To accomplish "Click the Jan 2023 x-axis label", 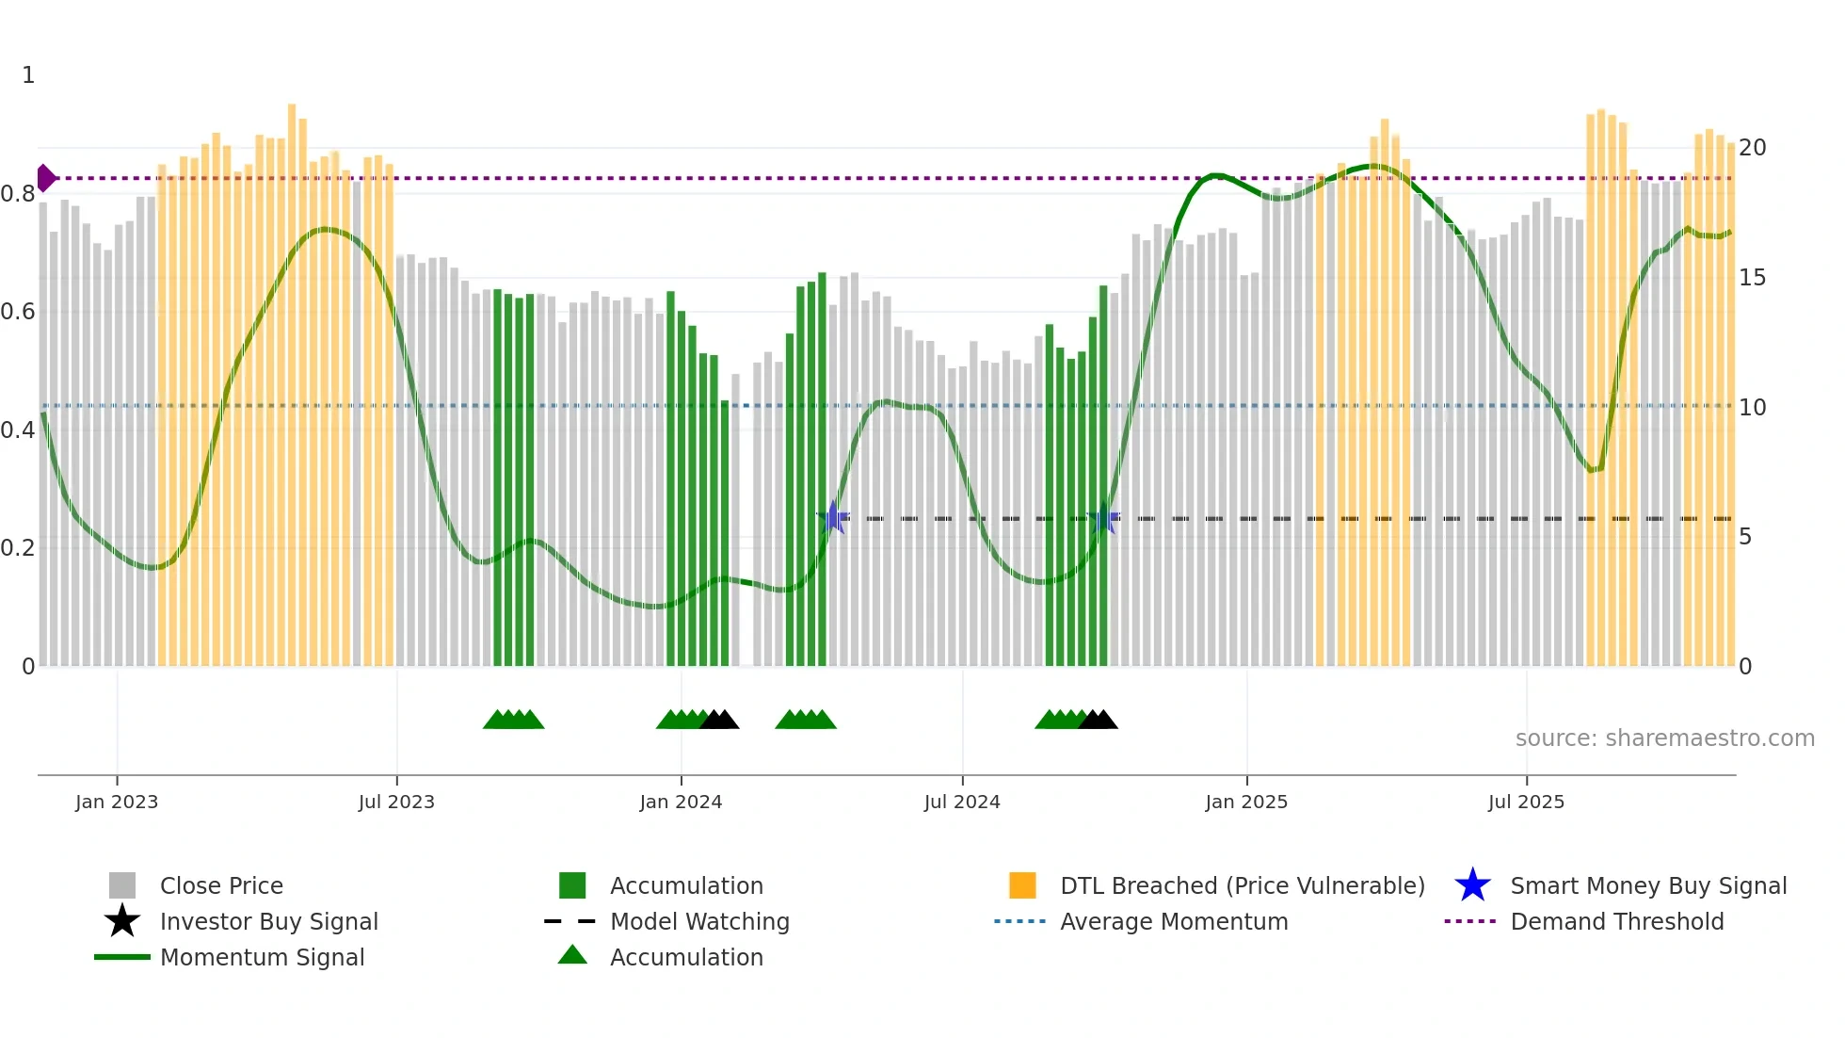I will (117, 802).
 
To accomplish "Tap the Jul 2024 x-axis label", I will (962, 802).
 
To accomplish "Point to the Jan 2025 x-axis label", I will (1246, 802).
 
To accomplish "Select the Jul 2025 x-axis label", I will (1526, 802).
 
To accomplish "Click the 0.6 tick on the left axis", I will (18, 312).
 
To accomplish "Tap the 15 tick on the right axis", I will (1752, 278).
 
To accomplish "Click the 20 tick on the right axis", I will (1752, 148).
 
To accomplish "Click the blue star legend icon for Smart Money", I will (1472, 885).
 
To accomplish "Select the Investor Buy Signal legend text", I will (269, 921).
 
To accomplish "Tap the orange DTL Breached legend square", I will (1022, 885).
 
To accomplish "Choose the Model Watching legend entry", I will (699, 921).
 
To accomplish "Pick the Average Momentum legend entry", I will (1174, 921).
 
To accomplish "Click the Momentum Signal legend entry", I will (262, 957).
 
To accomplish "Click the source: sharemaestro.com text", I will (1664, 738).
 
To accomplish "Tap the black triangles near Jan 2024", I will (720, 720).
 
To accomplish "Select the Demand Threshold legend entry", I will (1616, 921).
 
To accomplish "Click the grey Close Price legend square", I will (122, 885).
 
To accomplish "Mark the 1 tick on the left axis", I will (28, 75).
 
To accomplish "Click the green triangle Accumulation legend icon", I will (572, 955).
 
